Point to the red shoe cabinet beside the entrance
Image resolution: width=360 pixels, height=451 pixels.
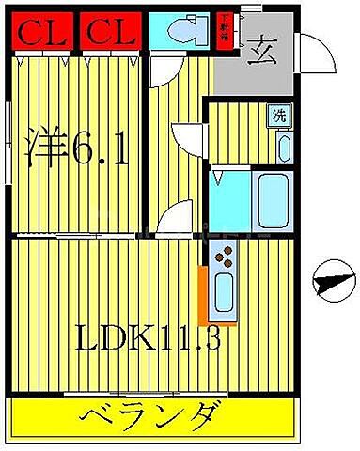[x=225, y=25]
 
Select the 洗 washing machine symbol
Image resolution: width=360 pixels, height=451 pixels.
[x=279, y=117]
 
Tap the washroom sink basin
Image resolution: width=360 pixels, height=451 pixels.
[x=283, y=148]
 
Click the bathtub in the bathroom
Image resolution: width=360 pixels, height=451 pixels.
[x=274, y=199]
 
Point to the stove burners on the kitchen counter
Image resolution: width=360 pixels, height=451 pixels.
[x=225, y=254]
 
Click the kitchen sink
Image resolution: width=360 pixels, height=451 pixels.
[x=225, y=294]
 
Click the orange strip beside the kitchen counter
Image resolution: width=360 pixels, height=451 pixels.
[x=201, y=296]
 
